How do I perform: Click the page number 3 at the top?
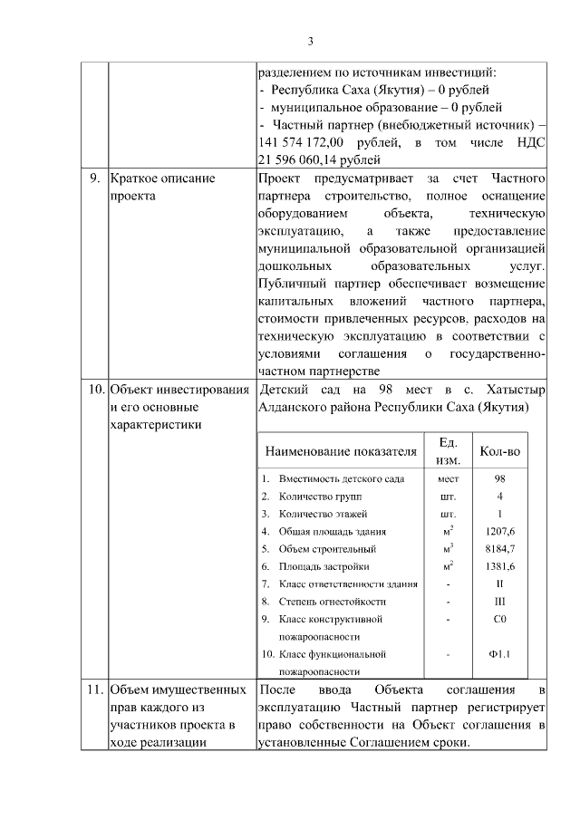point(310,41)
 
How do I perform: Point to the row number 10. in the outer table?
point(94,390)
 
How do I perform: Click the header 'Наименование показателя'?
point(341,450)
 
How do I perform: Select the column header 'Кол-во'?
point(499,450)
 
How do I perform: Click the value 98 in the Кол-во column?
point(499,478)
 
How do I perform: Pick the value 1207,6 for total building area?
point(499,531)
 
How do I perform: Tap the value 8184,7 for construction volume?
point(499,548)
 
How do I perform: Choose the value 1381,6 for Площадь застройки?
point(499,566)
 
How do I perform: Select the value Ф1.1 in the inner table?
point(499,653)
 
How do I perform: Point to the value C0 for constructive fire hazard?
point(499,619)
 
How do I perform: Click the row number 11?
point(94,690)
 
